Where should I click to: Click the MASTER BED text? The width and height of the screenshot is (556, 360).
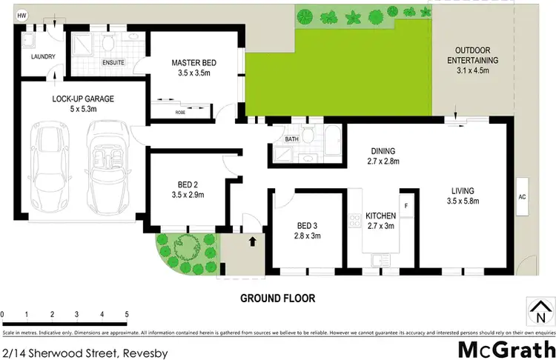coord(193,63)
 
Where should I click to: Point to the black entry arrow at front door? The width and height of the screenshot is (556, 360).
coord(252,241)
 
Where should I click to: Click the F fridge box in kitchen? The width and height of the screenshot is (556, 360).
coord(406,204)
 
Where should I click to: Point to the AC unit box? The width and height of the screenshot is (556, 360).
coord(521,197)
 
